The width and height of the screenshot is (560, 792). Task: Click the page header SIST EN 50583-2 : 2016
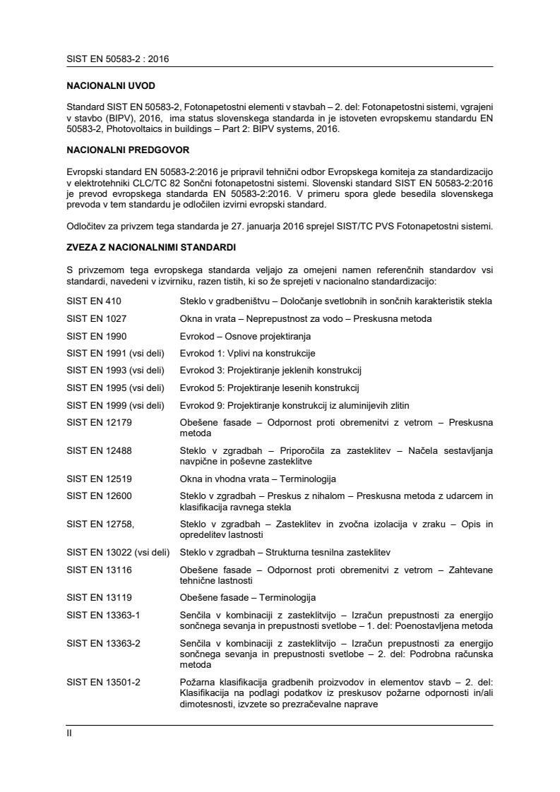click(x=117, y=59)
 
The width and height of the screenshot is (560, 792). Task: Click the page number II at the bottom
click(x=69, y=733)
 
